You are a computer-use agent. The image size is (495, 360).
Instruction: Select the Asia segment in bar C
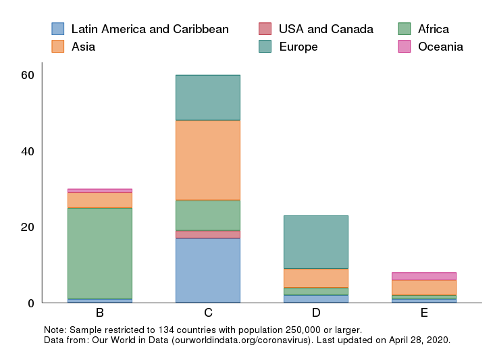click(207, 160)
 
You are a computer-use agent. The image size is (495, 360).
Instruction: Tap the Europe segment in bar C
click(207, 97)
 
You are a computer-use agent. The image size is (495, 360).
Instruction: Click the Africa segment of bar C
click(207, 215)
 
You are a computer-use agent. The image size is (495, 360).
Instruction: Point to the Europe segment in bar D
click(315, 242)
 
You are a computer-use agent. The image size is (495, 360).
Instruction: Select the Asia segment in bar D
click(315, 278)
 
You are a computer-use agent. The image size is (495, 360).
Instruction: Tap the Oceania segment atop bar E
click(423, 276)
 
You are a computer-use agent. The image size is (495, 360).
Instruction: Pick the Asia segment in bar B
click(99, 200)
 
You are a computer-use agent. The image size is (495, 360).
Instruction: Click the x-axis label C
click(208, 313)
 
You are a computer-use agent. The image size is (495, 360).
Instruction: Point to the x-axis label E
click(423, 313)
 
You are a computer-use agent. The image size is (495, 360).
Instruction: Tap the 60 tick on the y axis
click(27, 75)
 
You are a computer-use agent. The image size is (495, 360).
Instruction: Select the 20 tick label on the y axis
click(27, 227)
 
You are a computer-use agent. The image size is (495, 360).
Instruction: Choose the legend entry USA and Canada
click(325, 29)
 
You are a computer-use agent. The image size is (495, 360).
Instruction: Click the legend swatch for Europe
click(265, 47)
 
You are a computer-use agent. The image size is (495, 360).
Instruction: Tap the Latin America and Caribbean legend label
click(150, 29)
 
